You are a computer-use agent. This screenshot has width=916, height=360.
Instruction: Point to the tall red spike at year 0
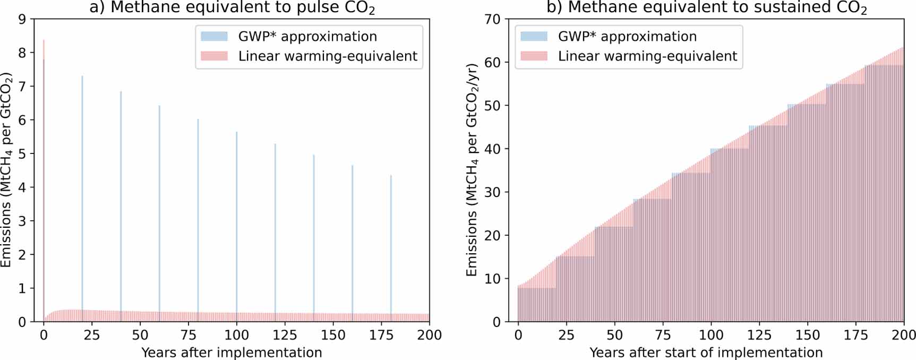44,159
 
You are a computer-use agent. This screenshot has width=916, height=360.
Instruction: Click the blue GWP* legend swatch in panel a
214,37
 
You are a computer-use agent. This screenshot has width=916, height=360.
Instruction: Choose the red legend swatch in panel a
214,56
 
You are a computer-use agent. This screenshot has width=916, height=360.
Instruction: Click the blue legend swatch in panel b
534,37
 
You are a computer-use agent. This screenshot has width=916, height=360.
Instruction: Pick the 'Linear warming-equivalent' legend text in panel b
647,56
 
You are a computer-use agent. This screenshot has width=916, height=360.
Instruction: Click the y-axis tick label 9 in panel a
22,19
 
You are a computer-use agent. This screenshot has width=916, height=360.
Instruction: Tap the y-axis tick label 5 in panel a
22,154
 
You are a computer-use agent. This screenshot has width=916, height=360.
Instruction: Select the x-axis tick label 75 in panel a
189,335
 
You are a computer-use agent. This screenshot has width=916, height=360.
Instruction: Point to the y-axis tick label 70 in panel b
492,19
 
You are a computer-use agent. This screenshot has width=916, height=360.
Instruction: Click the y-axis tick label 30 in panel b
492,192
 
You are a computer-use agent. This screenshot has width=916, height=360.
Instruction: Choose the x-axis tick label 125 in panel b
759,335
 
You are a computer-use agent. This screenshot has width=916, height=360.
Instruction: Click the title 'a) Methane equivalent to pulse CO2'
232,8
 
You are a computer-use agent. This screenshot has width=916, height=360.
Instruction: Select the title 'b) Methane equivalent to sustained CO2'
707,8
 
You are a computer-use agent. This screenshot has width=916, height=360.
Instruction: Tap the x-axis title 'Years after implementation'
232,353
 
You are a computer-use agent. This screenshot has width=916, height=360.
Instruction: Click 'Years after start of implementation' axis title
706,353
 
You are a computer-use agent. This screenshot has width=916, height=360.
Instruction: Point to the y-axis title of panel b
472,170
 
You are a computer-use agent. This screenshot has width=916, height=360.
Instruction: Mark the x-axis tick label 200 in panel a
429,335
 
